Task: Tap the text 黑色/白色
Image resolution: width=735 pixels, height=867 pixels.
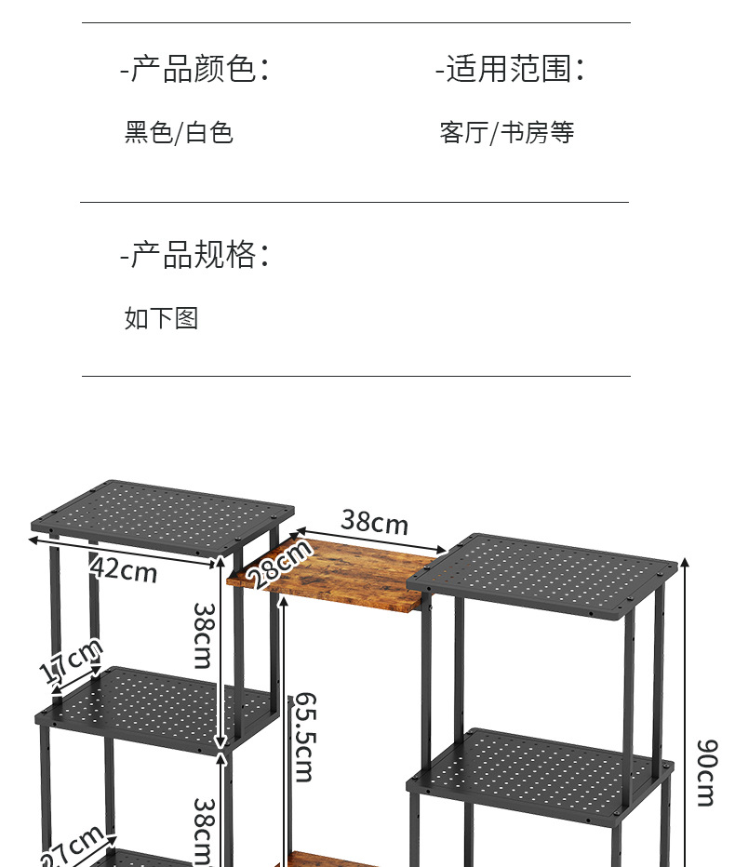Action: pos(179,132)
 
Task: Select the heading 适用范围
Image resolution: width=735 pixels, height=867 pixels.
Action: pos(511,69)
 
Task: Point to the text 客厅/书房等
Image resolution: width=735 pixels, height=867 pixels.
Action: pos(507,132)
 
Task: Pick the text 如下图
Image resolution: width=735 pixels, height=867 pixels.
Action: pos(162,318)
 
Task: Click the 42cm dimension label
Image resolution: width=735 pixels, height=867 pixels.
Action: pos(125,568)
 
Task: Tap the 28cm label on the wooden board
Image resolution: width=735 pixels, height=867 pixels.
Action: pos(282,564)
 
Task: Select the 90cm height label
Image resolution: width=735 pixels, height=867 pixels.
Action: pos(706,772)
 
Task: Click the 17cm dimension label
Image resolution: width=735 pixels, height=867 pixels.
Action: pos(71,661)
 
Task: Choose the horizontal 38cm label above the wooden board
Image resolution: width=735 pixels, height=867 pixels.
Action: pos(374,522)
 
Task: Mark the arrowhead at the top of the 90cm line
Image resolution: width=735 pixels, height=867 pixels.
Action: pos(685,561)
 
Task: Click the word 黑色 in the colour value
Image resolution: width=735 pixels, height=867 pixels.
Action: pos(149,132)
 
